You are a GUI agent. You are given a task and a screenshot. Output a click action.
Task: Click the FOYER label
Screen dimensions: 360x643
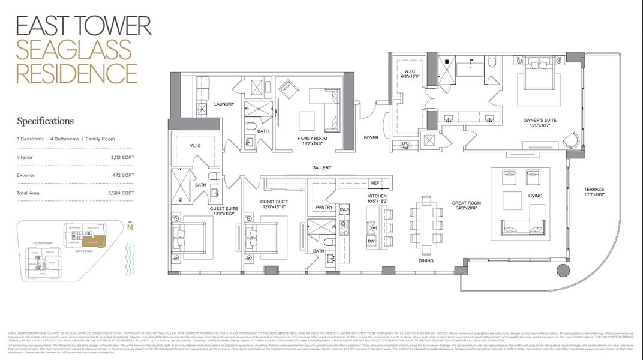coord(371,137)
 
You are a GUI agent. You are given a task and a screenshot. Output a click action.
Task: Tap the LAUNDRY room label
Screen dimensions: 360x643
coord(224,104)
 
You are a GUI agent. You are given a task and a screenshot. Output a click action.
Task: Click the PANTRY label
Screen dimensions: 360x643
coord(324,208)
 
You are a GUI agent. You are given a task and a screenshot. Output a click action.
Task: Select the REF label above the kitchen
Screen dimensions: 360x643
coord(375,183)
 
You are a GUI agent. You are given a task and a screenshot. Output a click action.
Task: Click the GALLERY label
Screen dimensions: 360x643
coord(321,167)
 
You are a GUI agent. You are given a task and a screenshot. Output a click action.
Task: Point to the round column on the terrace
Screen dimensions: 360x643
coord(563,271)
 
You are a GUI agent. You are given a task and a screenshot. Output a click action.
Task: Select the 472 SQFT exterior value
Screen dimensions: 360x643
coord(124,176)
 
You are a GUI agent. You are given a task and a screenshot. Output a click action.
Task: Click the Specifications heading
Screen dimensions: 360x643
coord(45,121)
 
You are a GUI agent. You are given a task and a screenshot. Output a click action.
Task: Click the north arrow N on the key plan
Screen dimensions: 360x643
coord(130,227)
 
